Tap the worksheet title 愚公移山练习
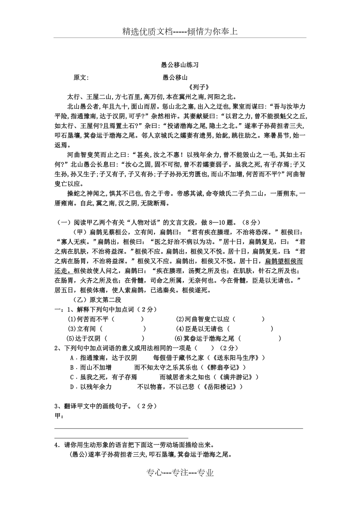point(180,65)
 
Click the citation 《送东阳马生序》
point(236,358)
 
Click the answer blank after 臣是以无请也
point(250,329)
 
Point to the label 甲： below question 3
point(59,416)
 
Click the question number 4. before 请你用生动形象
point(57,445)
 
